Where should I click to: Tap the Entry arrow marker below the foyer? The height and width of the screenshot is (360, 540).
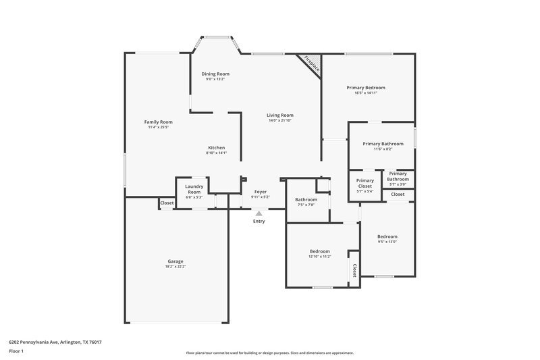coord(259,213)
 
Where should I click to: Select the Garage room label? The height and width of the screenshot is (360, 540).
coord(175,261)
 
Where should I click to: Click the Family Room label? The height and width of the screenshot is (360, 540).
coord(159,122)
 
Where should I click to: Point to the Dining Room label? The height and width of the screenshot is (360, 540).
coord(216,74)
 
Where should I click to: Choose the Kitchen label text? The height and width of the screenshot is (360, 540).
coord(216,148)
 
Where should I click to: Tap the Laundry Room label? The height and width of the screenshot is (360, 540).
coord(194,190)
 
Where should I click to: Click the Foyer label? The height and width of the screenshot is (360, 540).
coord(260,192)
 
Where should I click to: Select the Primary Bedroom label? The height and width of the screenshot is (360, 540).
coord(366,88)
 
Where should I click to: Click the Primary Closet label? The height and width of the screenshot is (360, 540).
coord(365,183)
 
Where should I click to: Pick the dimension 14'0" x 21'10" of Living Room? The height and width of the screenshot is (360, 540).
coord(280,120)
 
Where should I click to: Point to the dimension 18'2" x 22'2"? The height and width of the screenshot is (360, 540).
coord(175,267)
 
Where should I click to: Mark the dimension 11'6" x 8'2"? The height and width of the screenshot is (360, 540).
coord(383,149)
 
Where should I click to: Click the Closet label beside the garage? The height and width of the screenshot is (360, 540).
coord(167,203)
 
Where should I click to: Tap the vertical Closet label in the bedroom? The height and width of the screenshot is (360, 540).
coord(354,269)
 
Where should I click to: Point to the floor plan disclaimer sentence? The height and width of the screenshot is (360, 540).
coord(269,353)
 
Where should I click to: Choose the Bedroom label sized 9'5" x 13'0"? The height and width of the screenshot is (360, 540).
coord(387,236)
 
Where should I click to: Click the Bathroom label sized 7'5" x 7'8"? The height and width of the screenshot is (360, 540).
coord(306,199)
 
